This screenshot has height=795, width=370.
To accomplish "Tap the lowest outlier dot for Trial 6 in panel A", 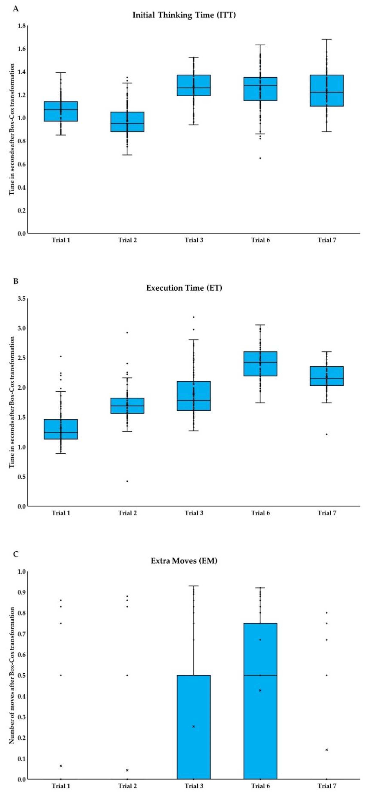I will (x=260, y=158).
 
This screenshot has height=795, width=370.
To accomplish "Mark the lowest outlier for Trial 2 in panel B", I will (x=127, y=481).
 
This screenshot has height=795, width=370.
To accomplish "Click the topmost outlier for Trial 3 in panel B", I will (x=193, y=317).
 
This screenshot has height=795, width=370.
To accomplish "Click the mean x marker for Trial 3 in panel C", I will (x=193, y=726).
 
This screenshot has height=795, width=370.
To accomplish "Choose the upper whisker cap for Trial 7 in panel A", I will (x=327, y=39).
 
